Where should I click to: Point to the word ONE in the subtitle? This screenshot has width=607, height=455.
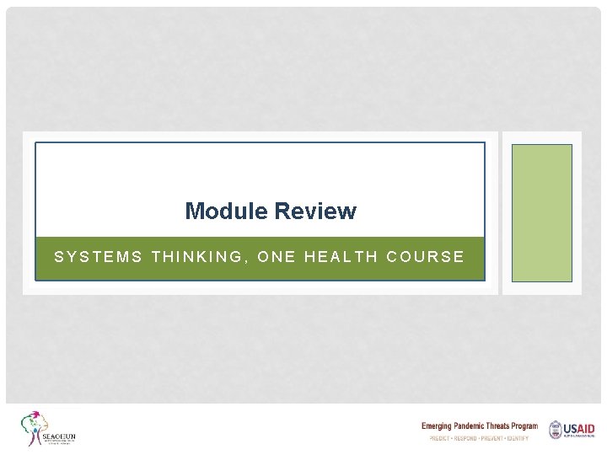(276, 257)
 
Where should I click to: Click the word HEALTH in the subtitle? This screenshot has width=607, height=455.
(341, 257)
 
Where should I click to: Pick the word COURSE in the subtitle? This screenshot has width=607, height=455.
(426, 257)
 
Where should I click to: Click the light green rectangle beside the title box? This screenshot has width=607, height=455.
(542, 212)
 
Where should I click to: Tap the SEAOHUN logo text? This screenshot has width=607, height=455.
(59, 436)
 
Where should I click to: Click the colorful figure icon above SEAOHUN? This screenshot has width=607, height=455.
(35, 426)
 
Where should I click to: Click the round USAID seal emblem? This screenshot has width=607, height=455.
(555, 430)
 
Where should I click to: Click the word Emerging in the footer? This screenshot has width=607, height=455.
(441, 426)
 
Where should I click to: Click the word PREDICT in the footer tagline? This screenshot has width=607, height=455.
(440, 439)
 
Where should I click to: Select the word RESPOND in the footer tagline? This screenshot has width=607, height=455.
(469, 439)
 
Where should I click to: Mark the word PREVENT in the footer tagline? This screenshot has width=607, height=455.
(497, 439)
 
